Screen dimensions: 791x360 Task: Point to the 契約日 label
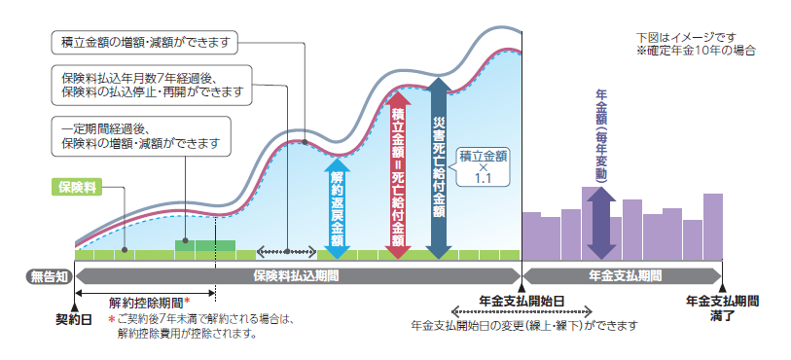(x=74, y=317)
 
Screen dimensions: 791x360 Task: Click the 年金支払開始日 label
(x=522, y=302)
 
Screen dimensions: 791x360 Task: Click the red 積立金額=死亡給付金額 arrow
(x=397, y=175)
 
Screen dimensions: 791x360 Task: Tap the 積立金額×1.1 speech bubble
(x=484, y=166)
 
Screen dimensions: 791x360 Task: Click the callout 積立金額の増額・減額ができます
(x=143, y=42)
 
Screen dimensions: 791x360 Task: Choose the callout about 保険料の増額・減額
(x=141, y=135)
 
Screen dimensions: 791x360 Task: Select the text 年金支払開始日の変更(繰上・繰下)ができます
(x=524, y=324)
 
